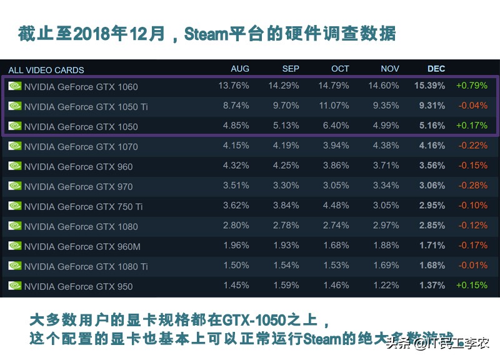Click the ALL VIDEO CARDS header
point(46,70)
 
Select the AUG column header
point(240,69)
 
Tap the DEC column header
point(436,69)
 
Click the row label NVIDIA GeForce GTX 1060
point(81,87)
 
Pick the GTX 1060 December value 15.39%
point(429,86)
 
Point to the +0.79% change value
point(472,86)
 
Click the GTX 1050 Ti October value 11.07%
point(334,106)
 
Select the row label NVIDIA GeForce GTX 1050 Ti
point(86,107)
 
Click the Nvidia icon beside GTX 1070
point(15,146)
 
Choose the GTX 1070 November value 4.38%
point(386,146)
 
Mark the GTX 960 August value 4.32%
point(236,166)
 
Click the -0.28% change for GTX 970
point(472,186)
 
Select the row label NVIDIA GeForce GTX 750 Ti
point(83,207)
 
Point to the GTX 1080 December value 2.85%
point(432,226)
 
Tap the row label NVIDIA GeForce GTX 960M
point(82,247)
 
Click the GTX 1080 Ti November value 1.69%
point(386,266)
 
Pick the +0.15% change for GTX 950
point(472,286)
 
